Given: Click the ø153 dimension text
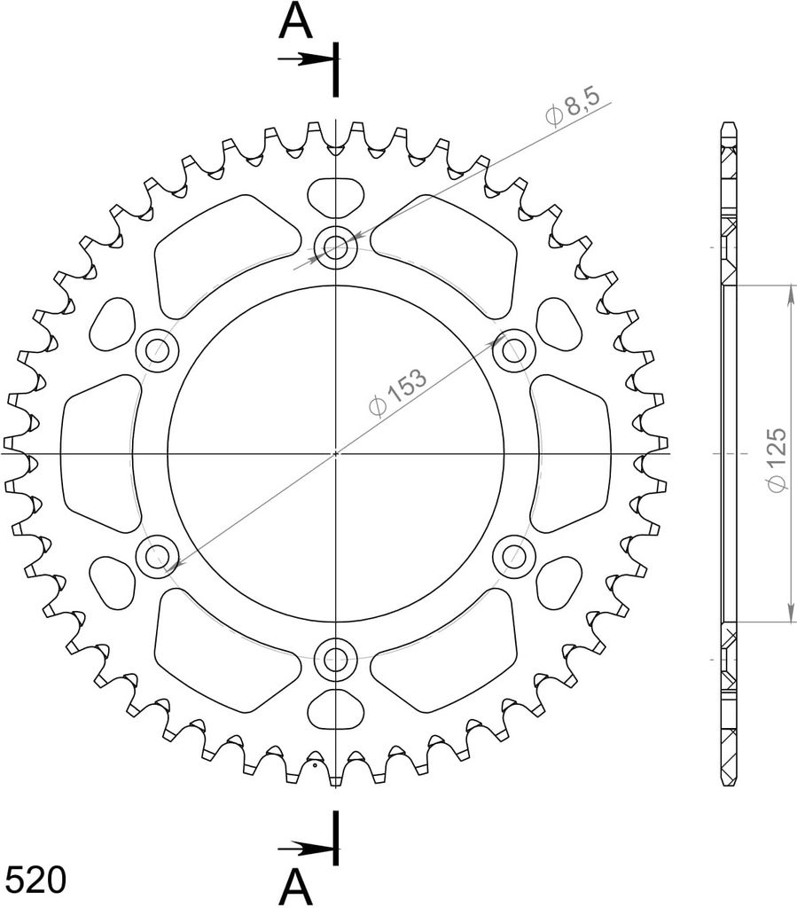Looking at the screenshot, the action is click(398, 391).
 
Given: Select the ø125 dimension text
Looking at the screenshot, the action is click(776, 460).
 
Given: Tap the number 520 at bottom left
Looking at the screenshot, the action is click(35, 881).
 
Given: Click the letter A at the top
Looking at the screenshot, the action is click(295, 22).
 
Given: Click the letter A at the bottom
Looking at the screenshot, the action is click(296, 888).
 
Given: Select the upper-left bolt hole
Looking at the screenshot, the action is click(157, 350).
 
